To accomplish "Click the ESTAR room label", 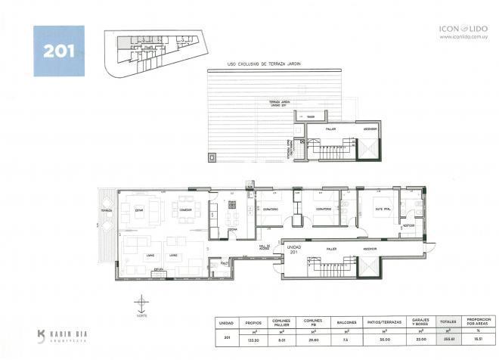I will [x=139, y=209].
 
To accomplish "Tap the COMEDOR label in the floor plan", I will [x=185, y=209].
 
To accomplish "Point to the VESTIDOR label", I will [x=408, y=225].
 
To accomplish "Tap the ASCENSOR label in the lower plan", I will [x=370, y=248].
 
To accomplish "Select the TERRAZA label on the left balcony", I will [x=106, y=210].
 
